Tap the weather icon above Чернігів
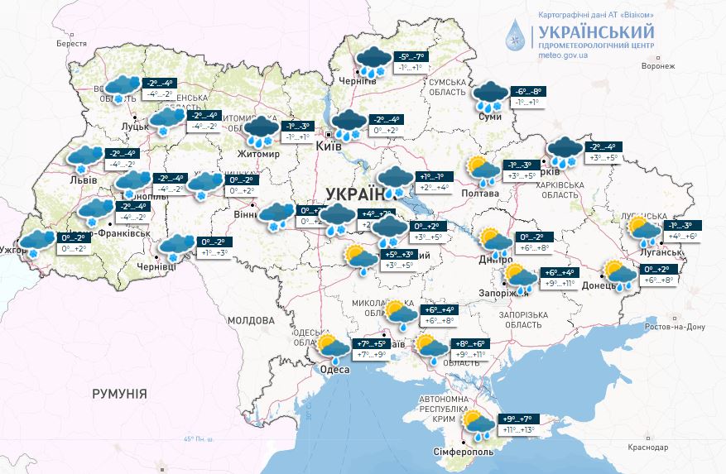point(373,61)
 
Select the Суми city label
point(490,118)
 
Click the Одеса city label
point(334,370)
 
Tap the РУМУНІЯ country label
point(120,394)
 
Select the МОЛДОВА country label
point(250,320)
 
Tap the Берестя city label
point(71,43)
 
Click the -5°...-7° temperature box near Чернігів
point(413,56)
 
